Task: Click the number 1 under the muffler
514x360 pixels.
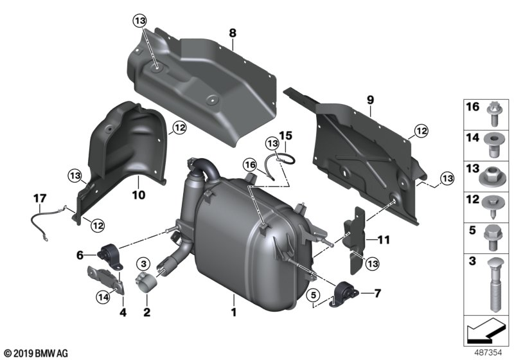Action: pos(234,313)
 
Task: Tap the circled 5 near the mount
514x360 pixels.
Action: pos(313,296)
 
